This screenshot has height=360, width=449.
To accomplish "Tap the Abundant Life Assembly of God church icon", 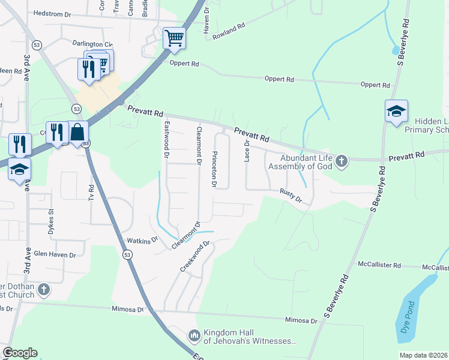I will coord(342,160).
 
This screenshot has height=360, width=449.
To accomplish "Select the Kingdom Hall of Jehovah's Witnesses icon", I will coord(194,335).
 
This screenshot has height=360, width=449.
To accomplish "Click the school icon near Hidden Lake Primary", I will coord(396,112).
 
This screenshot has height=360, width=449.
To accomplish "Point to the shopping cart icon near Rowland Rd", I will coord(174,38).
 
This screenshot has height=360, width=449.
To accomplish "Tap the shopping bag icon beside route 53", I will coord(78,132).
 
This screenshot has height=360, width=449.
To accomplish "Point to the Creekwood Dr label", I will coord(197,256).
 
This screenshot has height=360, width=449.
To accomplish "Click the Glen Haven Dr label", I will coord(55,254).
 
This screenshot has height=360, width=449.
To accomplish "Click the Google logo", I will coord(20,353).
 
